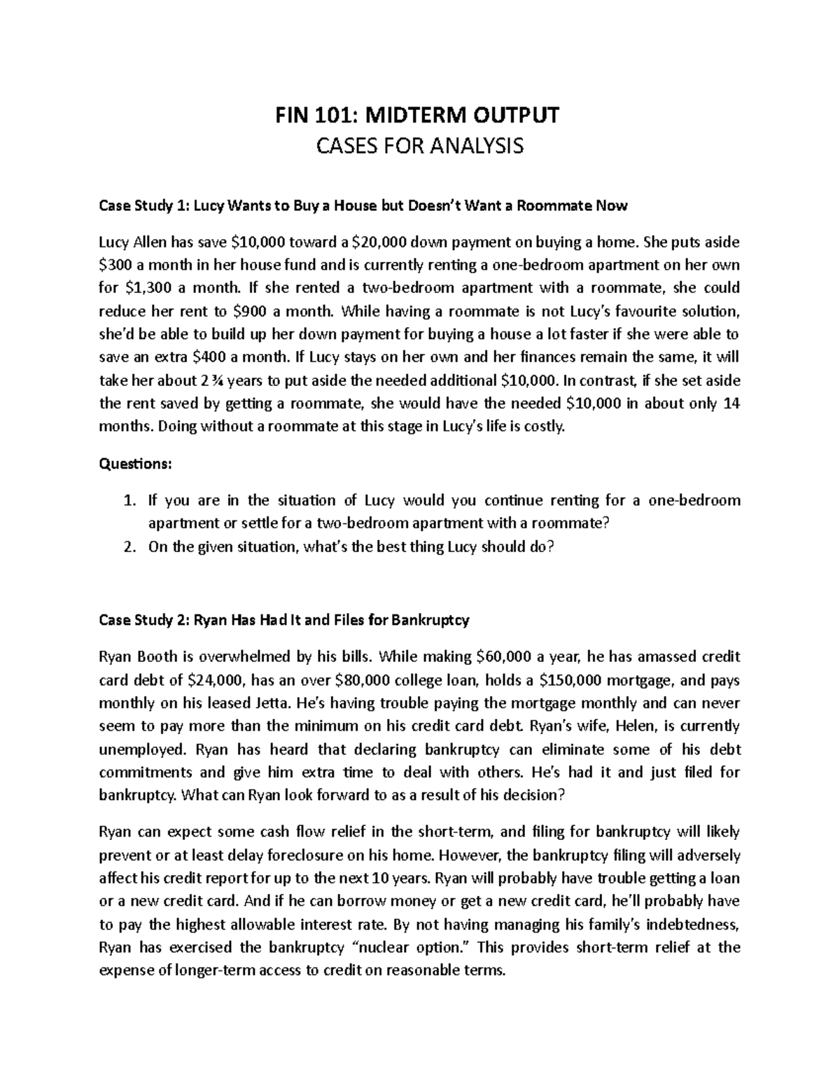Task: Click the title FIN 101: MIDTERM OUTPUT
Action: (x=419, y=116)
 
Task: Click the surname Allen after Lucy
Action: (x=146, y=242)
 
